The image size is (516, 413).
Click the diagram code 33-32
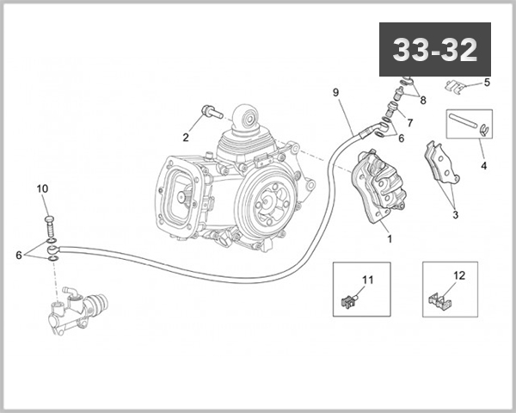click(434, 50)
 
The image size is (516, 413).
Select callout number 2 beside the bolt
click(184, 137)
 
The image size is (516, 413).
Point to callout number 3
click(455, 214)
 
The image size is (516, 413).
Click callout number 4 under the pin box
click(483, 165)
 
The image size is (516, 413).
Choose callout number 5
click(487, 83)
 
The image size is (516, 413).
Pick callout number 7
click(409, 122)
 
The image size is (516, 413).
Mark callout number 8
click(421, 100)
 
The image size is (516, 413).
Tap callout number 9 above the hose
click(336, 91)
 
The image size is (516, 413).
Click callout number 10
click(42, 188)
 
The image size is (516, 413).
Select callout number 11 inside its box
click(367, 280)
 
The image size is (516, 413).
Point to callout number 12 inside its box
click(458, 275)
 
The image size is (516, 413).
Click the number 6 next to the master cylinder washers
click(19, 254)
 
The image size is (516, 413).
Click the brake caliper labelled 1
click(378, 185)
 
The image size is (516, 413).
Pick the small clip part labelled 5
click(458, 86)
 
